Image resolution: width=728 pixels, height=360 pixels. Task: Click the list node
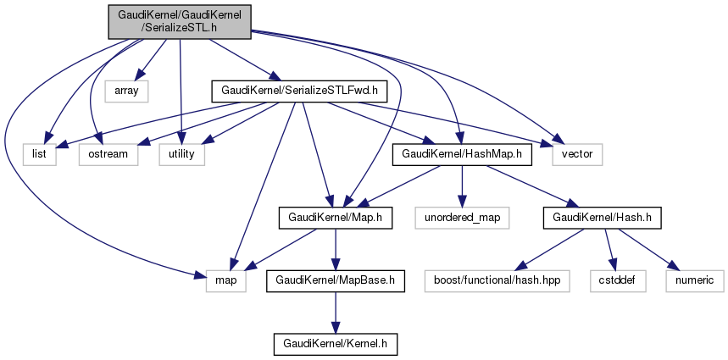pos(39,154)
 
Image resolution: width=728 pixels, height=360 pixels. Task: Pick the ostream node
pos(108,154)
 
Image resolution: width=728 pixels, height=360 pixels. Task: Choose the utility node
pos(181,154)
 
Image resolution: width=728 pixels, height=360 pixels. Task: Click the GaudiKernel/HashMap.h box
pos(462,154)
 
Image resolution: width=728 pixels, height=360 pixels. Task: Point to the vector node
pos(577,154)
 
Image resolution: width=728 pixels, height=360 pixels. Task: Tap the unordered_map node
pos(458,218)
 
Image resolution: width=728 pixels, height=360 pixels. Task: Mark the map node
pos(225,280)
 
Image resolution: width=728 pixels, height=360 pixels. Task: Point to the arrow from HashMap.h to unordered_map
pos(461,186)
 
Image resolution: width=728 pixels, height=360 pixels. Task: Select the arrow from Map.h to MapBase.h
pos(335,248)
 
